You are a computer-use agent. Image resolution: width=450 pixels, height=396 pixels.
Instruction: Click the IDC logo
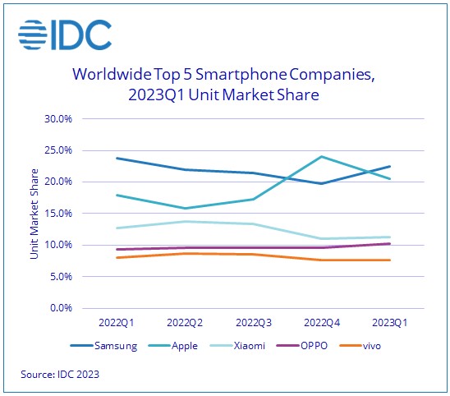(x=66, y=34)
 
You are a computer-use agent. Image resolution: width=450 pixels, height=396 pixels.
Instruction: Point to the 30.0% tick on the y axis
(x=58, y=118)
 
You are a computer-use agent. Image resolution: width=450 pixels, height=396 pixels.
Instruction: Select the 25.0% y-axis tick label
(x=58, y=150)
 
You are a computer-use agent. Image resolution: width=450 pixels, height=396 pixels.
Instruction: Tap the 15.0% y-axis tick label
(x=58, y=214)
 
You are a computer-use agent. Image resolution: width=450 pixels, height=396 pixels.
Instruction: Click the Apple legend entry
(x=179, y=346)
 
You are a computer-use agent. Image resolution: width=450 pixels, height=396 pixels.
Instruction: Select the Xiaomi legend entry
(x=242, y=346)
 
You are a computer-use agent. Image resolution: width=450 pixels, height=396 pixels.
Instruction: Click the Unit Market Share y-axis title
(x=34, y=214)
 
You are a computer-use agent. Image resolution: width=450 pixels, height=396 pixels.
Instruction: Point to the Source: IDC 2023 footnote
(x=61, y=375)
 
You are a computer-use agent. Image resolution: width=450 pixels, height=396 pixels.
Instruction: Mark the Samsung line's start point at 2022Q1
(x=117, y=158)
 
